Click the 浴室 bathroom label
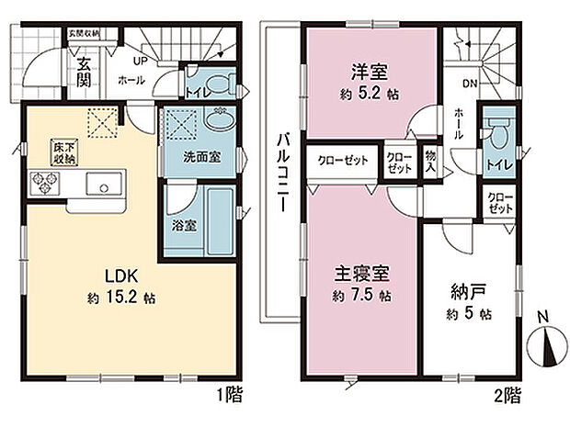[x=182, y=223]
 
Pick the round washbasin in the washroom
[x=220, y=119]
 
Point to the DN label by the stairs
[x=469, y=84]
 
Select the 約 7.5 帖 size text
[x=361, y=297]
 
